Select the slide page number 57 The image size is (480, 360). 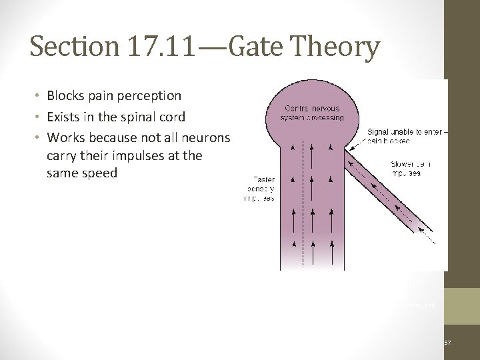click(x=447, y=343)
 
